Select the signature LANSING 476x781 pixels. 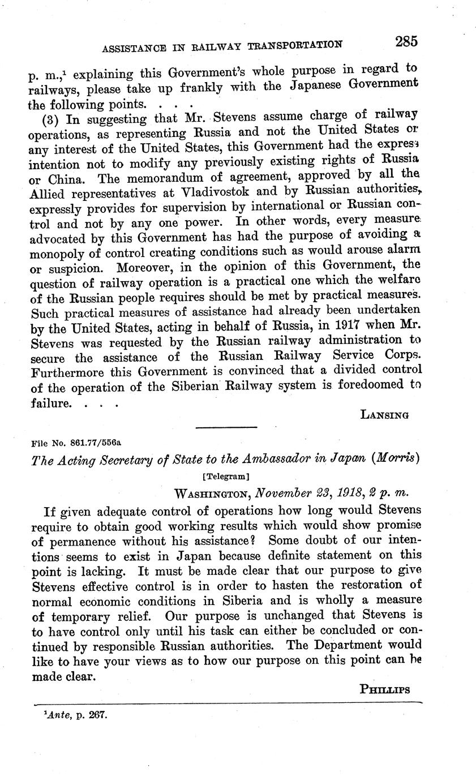pos(384,415)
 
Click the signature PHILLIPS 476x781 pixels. pos(384,689)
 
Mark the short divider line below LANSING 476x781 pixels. pos(226,427)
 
